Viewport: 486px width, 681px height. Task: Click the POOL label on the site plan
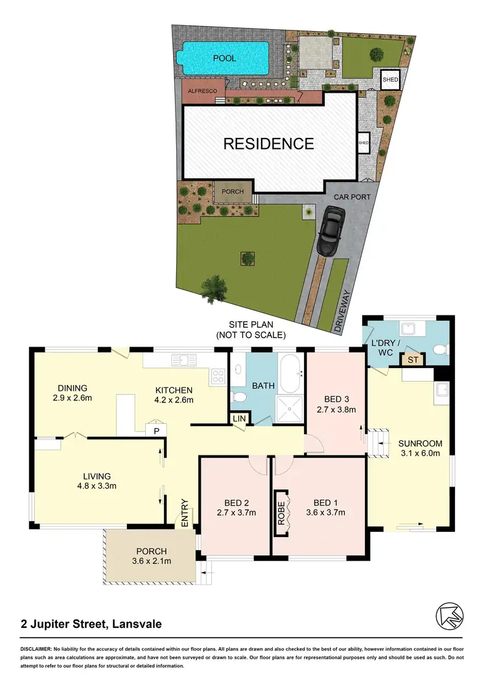coord(225,58)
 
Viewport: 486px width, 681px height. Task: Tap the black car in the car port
coord(330,231)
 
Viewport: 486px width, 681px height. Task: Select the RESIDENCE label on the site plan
coord(268,144)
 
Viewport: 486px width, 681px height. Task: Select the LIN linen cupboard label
coord(240,419)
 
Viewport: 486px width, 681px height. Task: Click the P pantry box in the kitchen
coord(156,429)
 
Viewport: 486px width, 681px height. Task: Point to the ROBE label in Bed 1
coord(281,513)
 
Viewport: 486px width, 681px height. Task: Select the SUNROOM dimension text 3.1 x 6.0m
coord(421,454)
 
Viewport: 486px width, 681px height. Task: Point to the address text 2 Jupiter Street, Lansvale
coord(90,625)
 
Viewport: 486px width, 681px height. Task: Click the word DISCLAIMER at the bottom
coord(38,649)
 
